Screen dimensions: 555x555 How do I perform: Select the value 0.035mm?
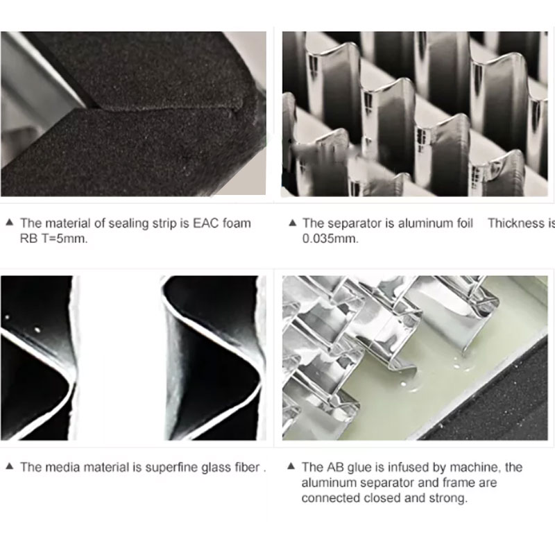click(330, 239)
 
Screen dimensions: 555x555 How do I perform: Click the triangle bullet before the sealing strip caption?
click(10, 223)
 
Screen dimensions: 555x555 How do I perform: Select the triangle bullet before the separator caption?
click(292, 223)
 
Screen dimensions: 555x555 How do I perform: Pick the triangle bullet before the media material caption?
click(10, 466)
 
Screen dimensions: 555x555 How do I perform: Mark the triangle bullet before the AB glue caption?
click(291, 466)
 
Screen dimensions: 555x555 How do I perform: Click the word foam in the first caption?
click(237, 223)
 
